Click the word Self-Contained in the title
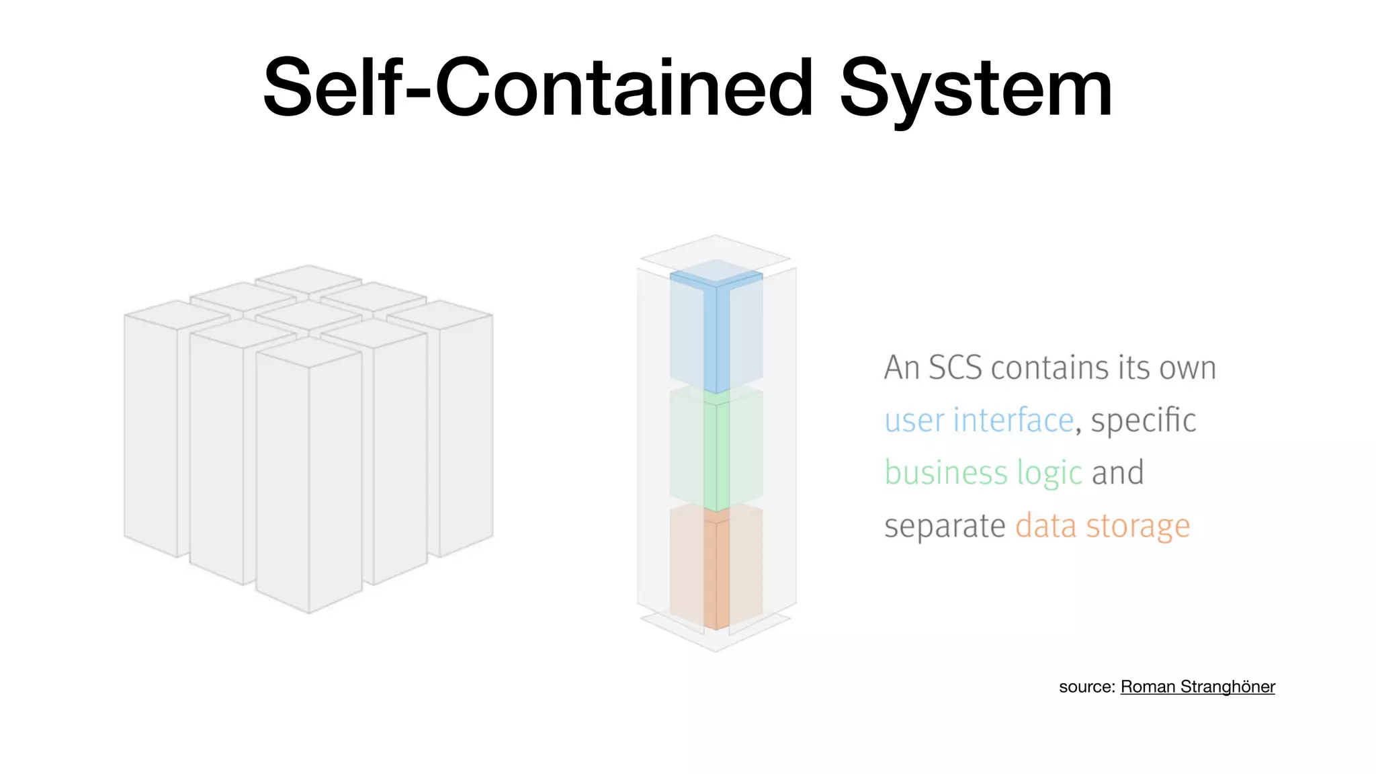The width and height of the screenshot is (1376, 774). click(538, 88)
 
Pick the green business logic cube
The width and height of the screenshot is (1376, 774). click(716, 449)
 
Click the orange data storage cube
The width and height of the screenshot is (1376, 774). click(716, 568)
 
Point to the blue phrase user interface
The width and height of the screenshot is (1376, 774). click(979, 421)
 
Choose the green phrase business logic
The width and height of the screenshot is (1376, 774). click(983, 473)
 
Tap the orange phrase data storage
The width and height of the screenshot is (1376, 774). click(1103, 525)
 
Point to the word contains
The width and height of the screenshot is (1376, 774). click(1051, 368)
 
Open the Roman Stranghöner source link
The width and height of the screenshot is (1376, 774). click(1197, 687)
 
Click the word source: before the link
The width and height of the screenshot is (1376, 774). click(1086, 687)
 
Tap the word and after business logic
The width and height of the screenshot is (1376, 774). click(1117, 473)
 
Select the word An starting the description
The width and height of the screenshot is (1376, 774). click(901, 368)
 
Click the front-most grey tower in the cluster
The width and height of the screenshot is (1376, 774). click(308, 484)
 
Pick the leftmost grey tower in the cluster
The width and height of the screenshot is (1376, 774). click(151, 430)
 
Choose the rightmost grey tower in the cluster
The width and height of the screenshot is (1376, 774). click(466, 430)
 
